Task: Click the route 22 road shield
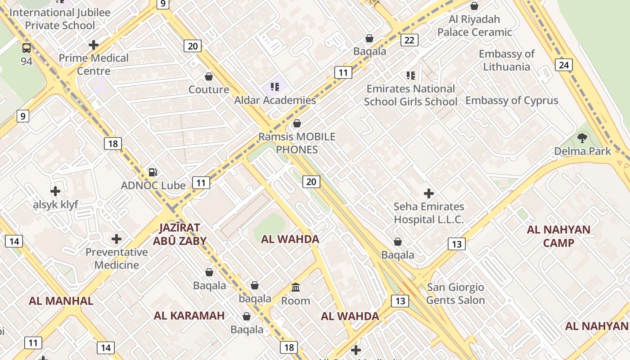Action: [x=409, y=40]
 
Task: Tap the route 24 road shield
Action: [x=563, y=65]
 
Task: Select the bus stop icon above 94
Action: [x=27, y=48]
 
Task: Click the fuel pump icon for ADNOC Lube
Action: [x=153, y=172]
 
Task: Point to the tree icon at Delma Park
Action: [x=582, y=138]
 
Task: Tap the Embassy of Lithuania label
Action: [x=506, y=60]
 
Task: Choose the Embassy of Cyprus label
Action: [x=512, y=100]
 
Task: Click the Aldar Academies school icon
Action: [x=275, y=87]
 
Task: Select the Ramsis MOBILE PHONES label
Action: [x=297, y=143]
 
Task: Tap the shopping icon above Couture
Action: [x=208, y=76]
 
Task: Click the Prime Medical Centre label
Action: [x=94, y=64]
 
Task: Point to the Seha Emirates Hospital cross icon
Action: [x=429, y=193]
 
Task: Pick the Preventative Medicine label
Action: [x=117, y=258]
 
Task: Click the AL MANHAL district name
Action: [x=61, y=301]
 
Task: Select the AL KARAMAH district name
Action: [x=189, y=315]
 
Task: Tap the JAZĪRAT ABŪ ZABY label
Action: [x=180, y=234]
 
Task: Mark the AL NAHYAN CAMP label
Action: [x=558, y=236]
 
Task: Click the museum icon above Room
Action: [x=296, y=287]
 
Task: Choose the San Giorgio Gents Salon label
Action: [x=455, y=293]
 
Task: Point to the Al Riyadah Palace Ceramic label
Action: [x=475, y=26]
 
